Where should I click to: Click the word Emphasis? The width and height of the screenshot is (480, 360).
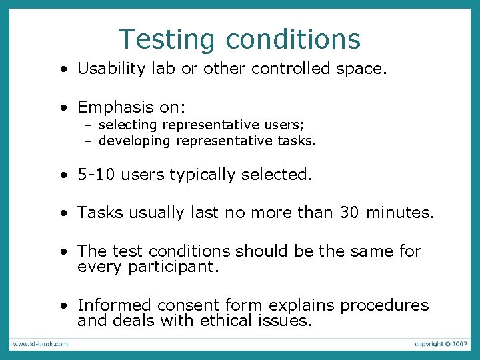pyautogui.click(x=116, y=107)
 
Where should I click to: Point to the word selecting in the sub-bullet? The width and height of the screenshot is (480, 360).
pyautogui.click(x=128, y=125)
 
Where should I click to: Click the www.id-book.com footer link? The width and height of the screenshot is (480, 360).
pyautogui.click(x=39, y=343)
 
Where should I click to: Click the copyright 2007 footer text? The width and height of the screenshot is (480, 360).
pyautogui.click(x=441, y=343)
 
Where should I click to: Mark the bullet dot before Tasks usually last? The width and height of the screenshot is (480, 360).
pyautogui.click(x=62, y=213)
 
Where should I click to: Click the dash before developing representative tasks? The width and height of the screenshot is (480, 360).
pyautogui.click(x=87, y=141)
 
